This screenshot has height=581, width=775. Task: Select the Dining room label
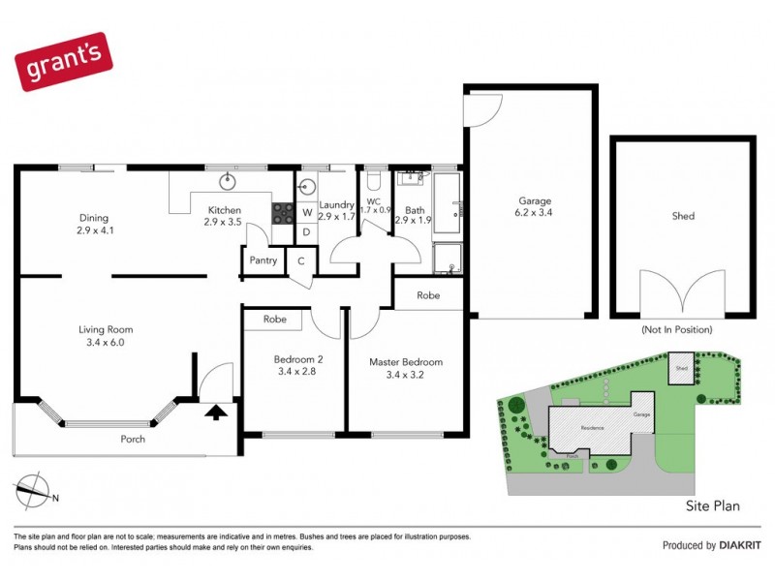[94, 218]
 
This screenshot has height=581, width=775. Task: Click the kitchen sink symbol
[230, 180]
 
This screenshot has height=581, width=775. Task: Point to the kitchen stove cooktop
[283, 212]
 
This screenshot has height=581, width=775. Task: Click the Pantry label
[263, 260]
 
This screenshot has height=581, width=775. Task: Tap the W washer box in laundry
[305, 212]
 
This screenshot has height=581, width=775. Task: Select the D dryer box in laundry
[305, 231]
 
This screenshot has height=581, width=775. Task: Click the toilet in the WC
[377, 182]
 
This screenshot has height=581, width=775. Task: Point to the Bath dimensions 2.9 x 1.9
[415, 221]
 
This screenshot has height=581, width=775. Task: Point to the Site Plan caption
[712, 505]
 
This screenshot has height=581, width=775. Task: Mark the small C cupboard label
[301, 260]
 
